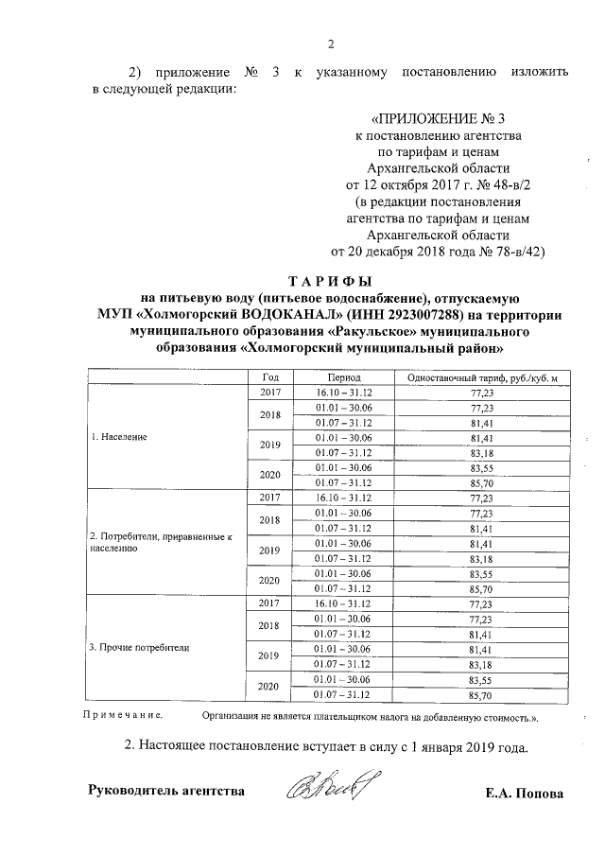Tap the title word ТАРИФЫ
330,281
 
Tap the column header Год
270,377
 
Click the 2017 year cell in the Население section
270,392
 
